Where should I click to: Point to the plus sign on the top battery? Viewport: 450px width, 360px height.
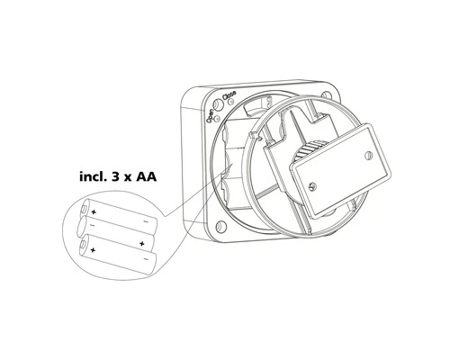point(93,212)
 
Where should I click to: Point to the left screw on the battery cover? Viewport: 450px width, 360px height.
point(309,186)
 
